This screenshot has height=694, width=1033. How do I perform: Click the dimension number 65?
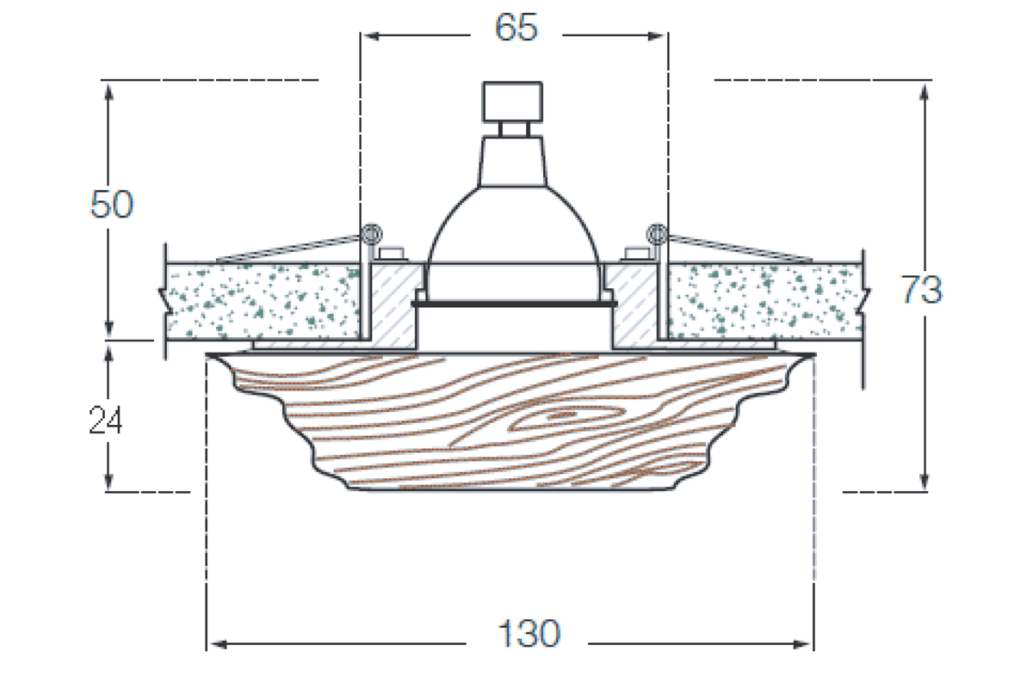tap(516, 28)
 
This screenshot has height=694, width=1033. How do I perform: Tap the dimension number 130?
tap(528, 635)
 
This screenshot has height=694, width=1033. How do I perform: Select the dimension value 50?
tap(112, 206)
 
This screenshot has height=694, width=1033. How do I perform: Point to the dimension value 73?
tap(922, 291)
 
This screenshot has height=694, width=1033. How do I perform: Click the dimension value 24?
tap(106, 421)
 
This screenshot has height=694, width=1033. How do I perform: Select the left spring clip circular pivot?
tap(372, 231)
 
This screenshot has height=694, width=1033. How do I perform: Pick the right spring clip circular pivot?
tap(656, 231)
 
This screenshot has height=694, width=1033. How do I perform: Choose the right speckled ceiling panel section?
tap(766, 301)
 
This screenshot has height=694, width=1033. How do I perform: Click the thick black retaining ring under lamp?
tap(514, 303)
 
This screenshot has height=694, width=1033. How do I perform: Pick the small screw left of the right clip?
tap(635, 253)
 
